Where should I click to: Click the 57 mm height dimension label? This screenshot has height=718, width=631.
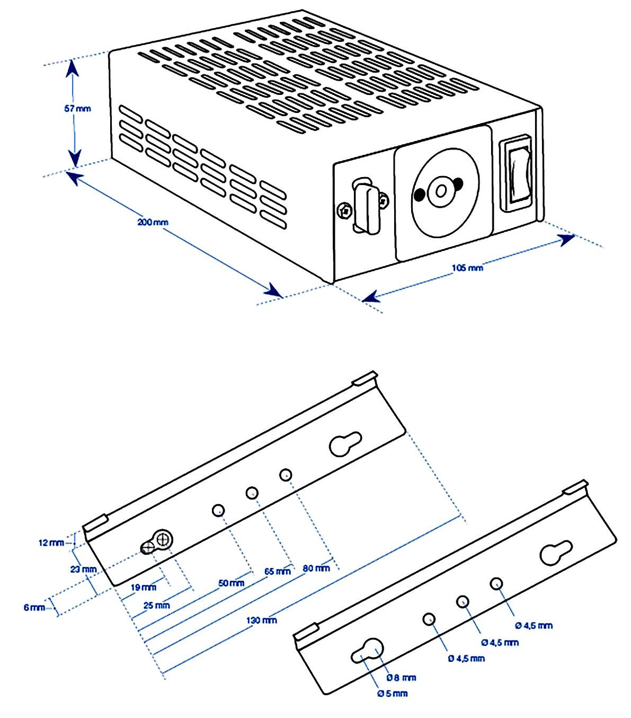click(77, 109)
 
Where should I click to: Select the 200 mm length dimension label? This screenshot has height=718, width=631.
click(153, 222)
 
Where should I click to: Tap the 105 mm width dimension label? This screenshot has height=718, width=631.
click(467, 268)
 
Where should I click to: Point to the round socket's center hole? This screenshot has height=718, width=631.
click(440, 190)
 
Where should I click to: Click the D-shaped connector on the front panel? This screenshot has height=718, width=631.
click(365, 206)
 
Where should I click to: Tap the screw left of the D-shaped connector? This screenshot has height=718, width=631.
click(345, 211)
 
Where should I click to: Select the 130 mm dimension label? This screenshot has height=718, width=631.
click(262, 620)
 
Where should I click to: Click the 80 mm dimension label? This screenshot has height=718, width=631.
click(316, 568)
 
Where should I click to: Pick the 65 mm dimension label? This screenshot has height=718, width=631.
click(278, 572)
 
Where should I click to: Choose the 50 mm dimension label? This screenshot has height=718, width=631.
click(231, 583)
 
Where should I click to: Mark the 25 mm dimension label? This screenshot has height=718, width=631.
click(156, 605)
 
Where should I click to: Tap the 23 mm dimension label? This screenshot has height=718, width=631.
click(83, 570)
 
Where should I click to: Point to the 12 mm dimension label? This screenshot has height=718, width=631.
click(51, 542)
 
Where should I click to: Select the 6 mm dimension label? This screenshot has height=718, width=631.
click(34, 607)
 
